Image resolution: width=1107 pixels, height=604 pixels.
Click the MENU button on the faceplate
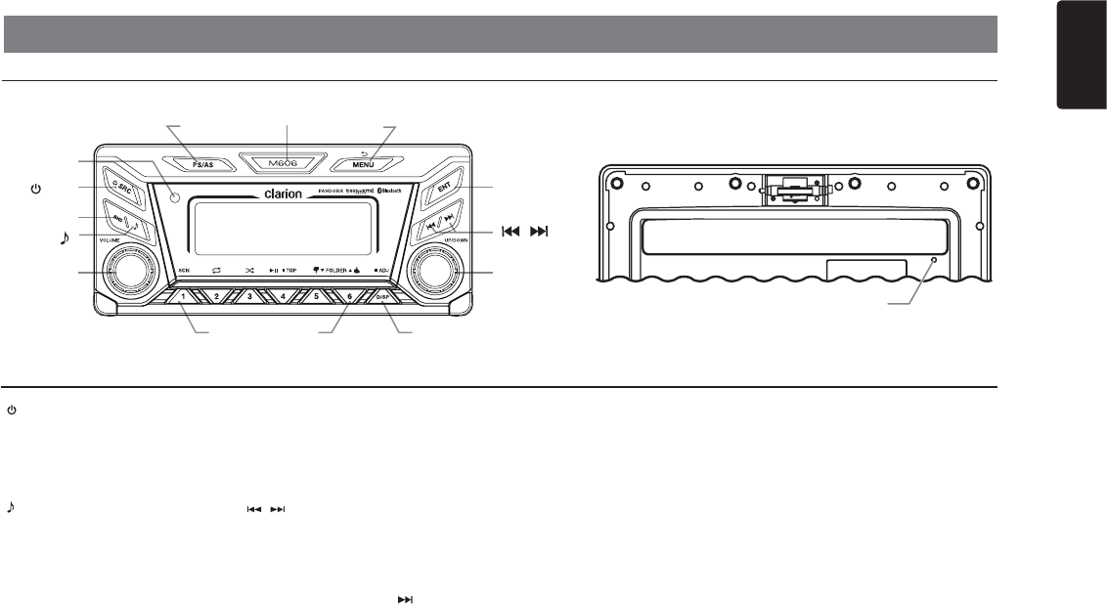[363, 165]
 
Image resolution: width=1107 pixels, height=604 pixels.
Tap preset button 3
[249, 295]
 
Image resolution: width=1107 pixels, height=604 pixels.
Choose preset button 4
[283, 295]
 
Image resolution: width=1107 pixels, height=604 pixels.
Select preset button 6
[349, 295]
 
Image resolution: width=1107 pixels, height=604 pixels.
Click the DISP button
[383, 296]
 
